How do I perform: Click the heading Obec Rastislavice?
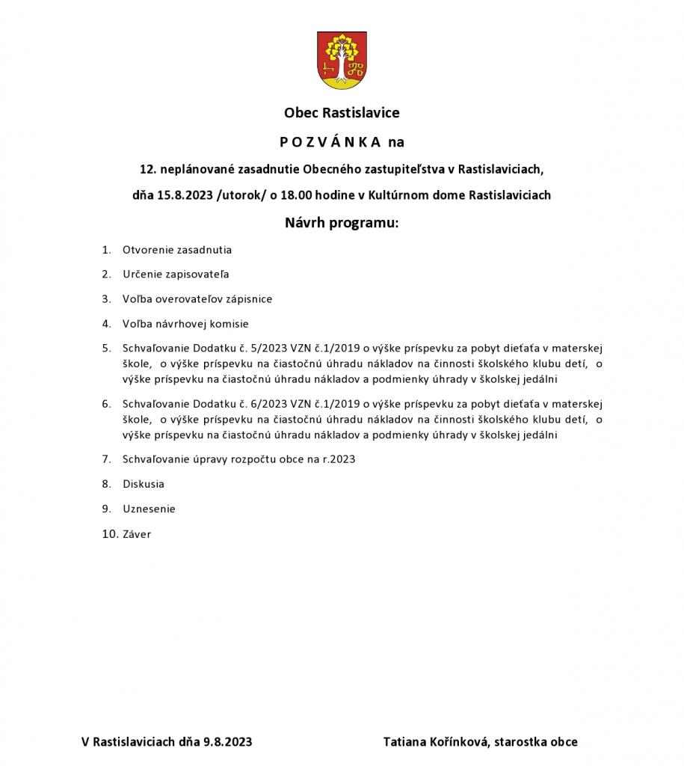[342, 113]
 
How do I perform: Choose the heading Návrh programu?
[342, 223]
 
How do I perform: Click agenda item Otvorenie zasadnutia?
[177, 250]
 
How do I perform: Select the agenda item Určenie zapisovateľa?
[176, 275]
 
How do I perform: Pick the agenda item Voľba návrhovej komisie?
[185, 324]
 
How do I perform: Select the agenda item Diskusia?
[144, 484]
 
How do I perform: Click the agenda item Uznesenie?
[150, 509]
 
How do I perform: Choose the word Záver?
[137, 534]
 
